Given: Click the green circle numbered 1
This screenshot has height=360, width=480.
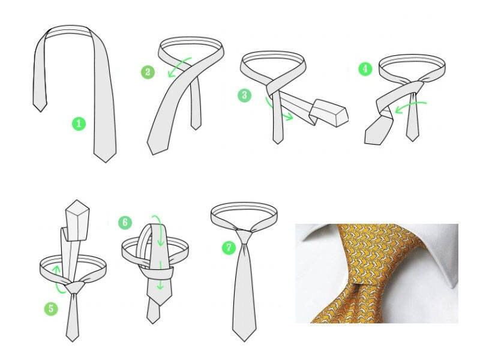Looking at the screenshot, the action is pyautogui.click(x=79, y=124).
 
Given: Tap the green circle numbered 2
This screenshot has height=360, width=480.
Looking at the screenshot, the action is pyautogui.click(x=148, y=72).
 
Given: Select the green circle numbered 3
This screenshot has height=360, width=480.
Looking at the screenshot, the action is pyautogui.click(x=245, y=95).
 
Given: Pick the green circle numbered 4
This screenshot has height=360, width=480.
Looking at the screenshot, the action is pyautogui.click(x=365, y=68).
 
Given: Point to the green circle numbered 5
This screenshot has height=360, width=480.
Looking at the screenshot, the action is pyautogui.click(x=51, y=308).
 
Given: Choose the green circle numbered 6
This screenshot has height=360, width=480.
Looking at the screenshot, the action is pyautogui.click(x=125, y=222).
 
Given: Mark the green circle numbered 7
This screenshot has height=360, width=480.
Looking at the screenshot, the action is pyautogui.click(x=229, y=247).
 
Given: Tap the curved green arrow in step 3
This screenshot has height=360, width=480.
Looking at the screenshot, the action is pyautogui.click(x=275, y=111).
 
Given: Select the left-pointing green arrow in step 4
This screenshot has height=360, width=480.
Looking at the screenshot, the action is pyautogui.click(x=410, y=106).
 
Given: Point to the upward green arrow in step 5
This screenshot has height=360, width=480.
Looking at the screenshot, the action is pyautogui.click(x=56, y=280).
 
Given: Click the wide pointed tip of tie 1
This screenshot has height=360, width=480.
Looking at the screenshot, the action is pyautogui.click(x=106, y=162).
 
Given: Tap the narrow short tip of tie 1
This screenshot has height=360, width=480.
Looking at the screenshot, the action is pyautogui.click(x=40, y=112).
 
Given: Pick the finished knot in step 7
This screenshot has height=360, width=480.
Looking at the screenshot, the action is pyautogui.click(x=244, y=236).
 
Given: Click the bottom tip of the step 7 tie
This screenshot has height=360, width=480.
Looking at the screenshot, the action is pyautogui.click(x=244, y=341).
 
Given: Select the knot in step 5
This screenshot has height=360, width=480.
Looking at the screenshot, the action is pyautogui.click(x=74, y=288).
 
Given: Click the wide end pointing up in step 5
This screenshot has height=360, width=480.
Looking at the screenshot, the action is pyautogui.click(x=77, y=220).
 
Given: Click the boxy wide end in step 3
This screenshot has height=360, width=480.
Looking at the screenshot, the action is pyautogui.click(x=329, y=113).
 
